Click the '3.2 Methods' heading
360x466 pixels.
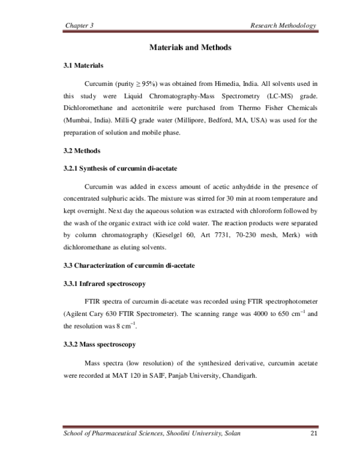point(82,150)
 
